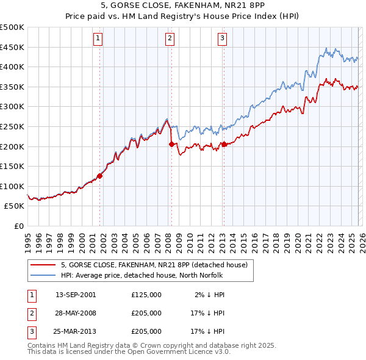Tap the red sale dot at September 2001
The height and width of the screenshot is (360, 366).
[x=99, y=176]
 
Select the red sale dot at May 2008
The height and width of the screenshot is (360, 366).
[x=171, y=144]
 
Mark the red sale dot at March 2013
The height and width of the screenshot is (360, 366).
[x=224, y=144]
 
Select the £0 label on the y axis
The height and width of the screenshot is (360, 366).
[x=20, y=226]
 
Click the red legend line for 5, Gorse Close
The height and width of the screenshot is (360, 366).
[x=43, y=265]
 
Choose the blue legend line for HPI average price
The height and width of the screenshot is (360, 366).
[x=43, y=275]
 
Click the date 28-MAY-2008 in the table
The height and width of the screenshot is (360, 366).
[x=76, y=313]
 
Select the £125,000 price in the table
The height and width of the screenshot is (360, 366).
[x=146, y=294]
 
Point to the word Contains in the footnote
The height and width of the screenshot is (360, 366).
[x=43, y=345]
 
